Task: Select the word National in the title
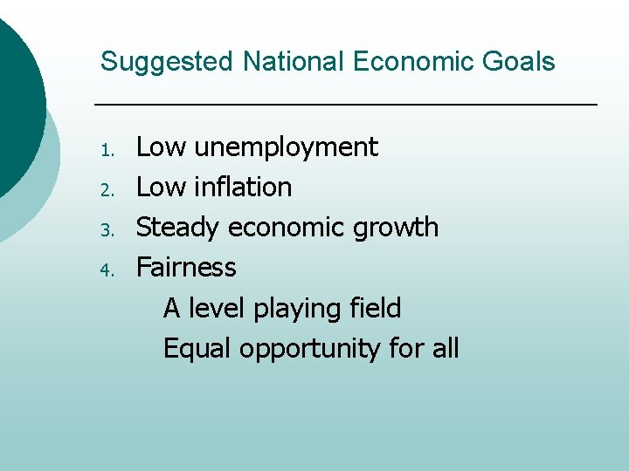tap(294, 62)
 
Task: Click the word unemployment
tap(286, 147)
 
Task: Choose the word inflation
tap(243, 187)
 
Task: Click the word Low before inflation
tap(162, 187)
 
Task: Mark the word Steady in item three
tap(178, 228)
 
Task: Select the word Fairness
tap(186, 267)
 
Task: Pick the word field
tap(375, 308)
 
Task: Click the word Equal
tap(197, 349)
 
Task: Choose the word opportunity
tap(310, 350)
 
